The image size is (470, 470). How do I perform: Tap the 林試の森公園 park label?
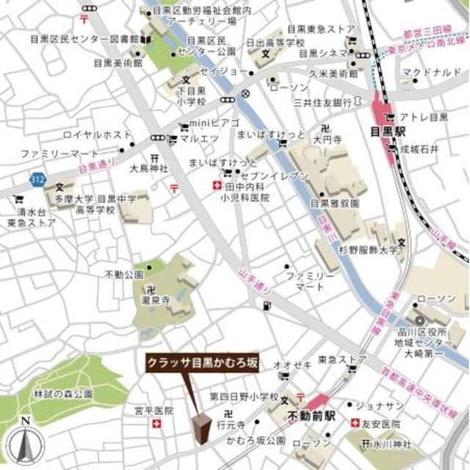click(63, 394)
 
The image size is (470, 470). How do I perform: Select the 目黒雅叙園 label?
click(334, 203)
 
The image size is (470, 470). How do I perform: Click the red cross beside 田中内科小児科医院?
click(216, 186)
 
